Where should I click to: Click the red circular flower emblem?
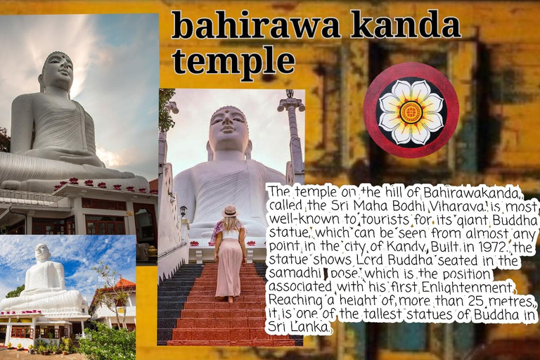coord(411,110)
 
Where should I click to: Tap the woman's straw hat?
coord(229,211)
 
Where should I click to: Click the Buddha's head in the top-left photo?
coord(58,70)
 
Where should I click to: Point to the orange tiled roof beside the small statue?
coord(120,285)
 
